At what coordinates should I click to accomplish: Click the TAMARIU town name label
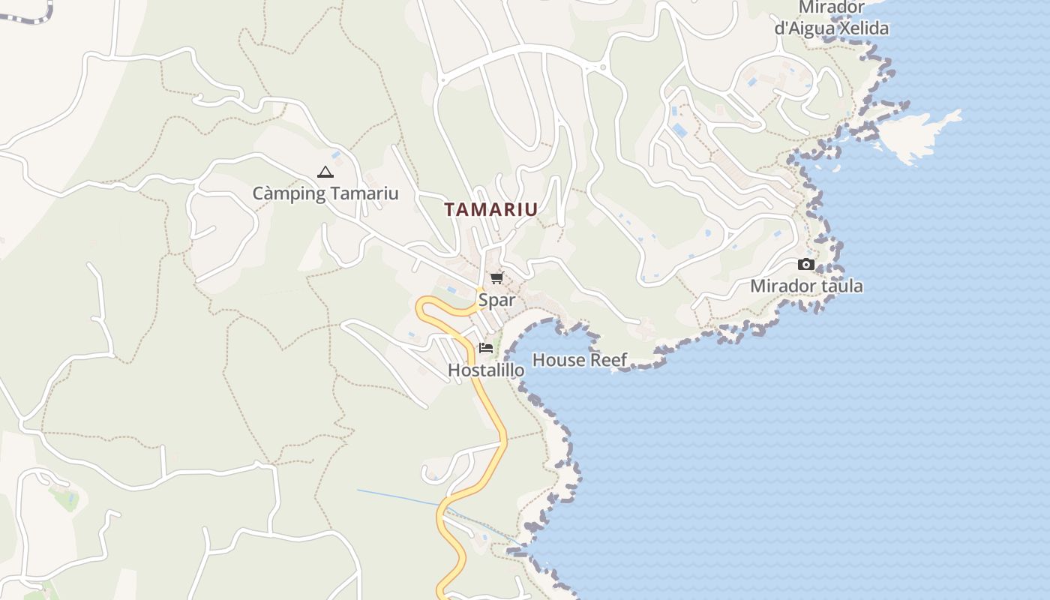(x=491, y=210)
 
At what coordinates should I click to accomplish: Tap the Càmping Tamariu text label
(x=325, y=193)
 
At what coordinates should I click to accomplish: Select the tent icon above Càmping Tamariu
(x=325, y=172)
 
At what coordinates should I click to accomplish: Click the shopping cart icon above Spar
(x=496, y=278)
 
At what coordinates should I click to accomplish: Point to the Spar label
(x=496, y=300)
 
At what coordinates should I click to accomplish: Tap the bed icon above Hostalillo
(x=486, y=347)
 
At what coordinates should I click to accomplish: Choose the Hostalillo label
(x=486, y=370)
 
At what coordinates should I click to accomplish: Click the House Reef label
(x=580, y=360)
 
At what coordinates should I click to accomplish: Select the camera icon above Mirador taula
(x=806, y=264)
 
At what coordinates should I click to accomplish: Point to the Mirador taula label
(x=806, y=286)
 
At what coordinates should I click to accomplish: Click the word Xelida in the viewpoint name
(x=861, y=28)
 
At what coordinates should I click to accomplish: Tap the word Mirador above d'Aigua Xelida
(x=831, y=7)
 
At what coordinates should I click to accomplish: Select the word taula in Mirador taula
(x=843, y=286)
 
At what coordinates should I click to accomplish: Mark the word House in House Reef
(x=558, y=360)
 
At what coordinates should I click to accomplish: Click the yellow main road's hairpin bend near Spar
(x=423, y=307)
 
